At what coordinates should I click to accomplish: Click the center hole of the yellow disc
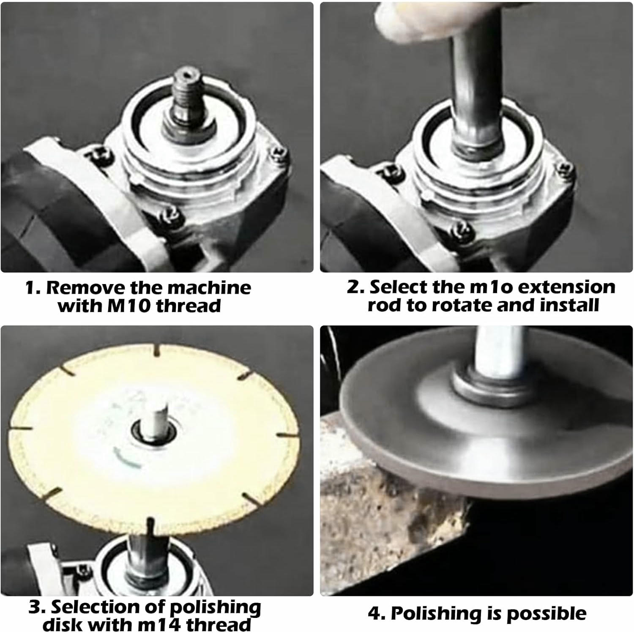[154, 433]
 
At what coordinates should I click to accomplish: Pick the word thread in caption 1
[189, 306]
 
